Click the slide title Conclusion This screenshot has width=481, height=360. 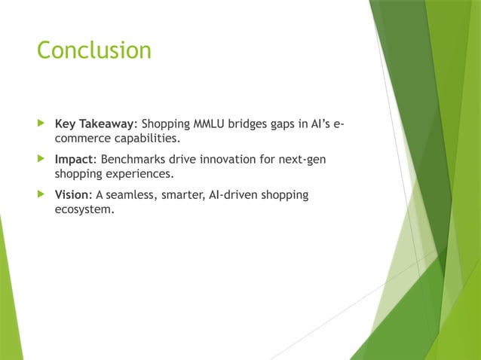coord(94,50)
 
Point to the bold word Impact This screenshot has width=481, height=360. coord(74,160)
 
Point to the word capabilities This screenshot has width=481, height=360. coord(145,139)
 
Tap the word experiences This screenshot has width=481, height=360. coord(138,175)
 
